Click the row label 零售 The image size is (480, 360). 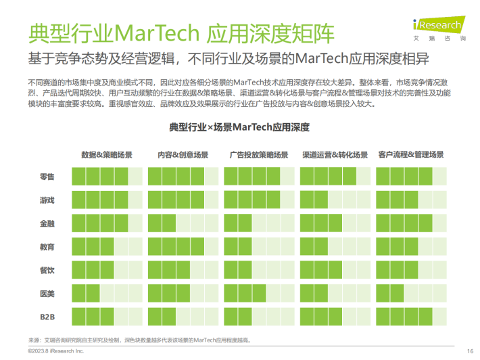(x=47, y=177)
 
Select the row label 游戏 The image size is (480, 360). (x=47, y=201)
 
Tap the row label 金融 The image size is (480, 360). (x=47, y=224)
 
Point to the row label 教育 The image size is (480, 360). (x=47, y=247)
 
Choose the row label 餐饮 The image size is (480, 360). (x=47, y=270)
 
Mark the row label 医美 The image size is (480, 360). (x=47, y=293)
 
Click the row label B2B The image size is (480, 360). (x=47, y=316)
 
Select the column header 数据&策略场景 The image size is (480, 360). (x=107, y=155)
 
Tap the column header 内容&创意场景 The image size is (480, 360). (x=183, y=155)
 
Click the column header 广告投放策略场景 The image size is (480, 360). (x=259, y=155)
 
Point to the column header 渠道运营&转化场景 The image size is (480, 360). (x=335, y=155)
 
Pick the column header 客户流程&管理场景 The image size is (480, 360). (x=411, y=155)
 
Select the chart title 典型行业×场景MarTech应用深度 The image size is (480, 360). (x=239, y=127)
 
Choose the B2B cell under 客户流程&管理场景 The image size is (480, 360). (x=411, y=316)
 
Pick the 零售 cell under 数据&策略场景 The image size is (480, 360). (x=107, y=177)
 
